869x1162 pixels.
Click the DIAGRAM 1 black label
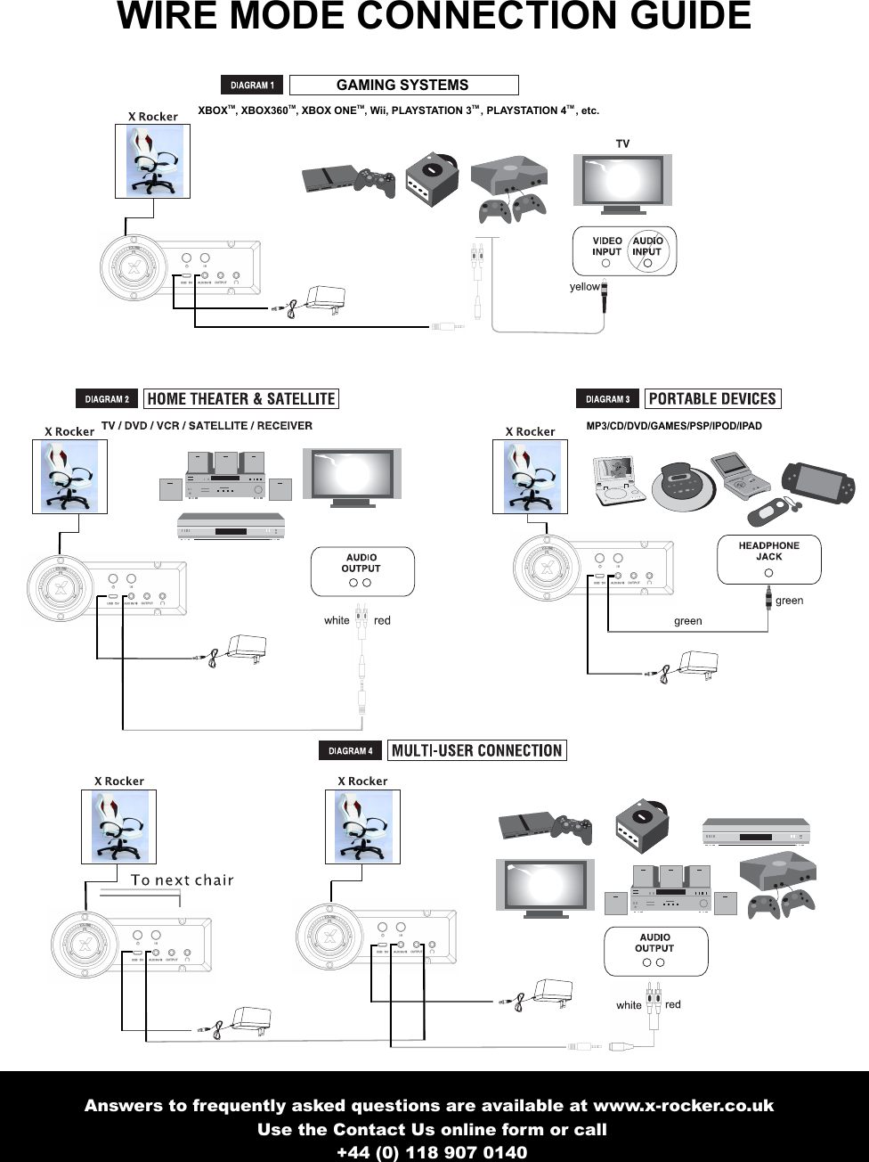tap(252, 86)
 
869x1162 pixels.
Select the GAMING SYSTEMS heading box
tap(403, 86)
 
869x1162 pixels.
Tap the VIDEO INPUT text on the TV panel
tap(607, 247)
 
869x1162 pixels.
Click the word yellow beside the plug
tap(584, 287)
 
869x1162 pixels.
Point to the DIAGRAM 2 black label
tap(107, 399)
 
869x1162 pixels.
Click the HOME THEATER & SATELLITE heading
tap(240, 399)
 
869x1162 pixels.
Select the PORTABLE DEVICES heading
tap(712, 399)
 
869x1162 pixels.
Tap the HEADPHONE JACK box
tap(768, 559)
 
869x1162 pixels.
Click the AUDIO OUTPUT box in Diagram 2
tap(361, 571)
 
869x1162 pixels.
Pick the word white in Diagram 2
tap(337, 621)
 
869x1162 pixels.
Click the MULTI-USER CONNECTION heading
tap(476, 750)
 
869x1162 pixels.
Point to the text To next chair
tap(182, 880)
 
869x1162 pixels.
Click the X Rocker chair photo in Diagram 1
tap(152, 161)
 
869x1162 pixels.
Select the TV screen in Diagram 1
tap(622, 181)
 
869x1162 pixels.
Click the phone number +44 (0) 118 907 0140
tap(432, 1152)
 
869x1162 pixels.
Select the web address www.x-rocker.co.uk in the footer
tap(683, 1106)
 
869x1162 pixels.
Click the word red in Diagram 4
tap(673, 1004)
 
